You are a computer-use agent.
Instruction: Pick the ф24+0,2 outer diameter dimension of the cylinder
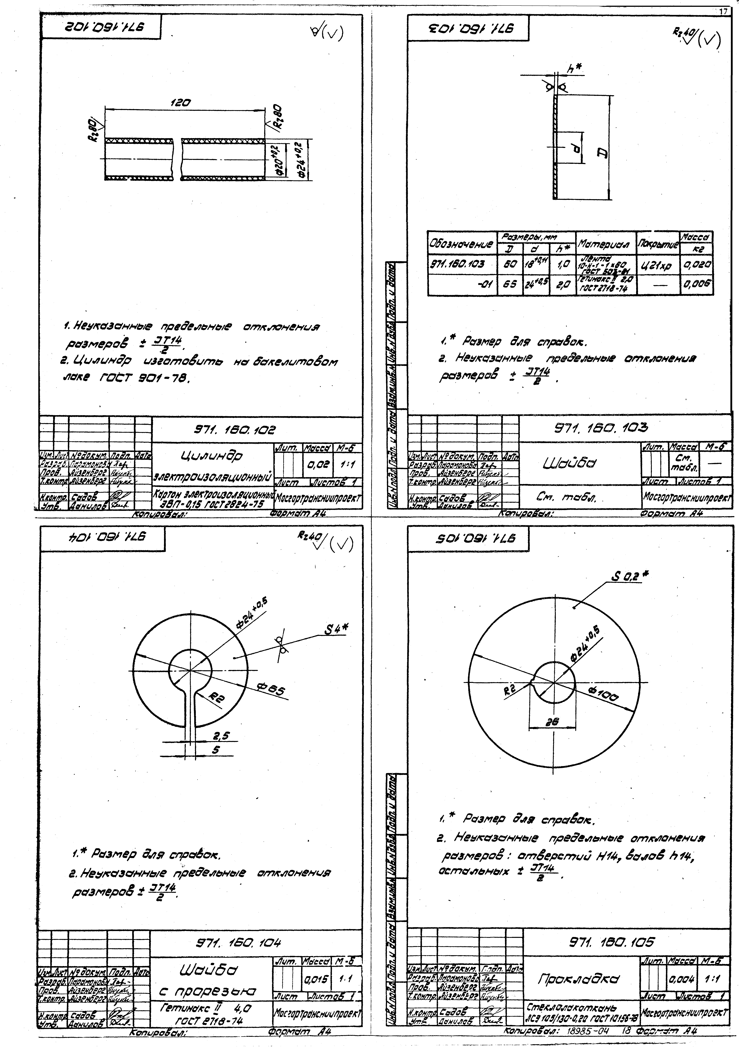[x=300, y=157]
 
